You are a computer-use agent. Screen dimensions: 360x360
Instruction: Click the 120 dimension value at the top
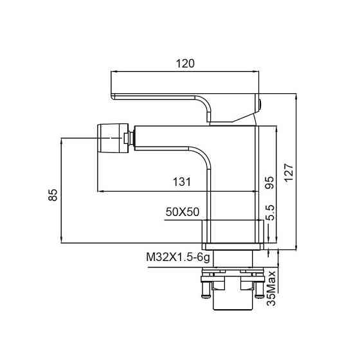coord(185,63)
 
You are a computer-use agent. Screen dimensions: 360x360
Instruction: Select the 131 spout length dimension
coord(182,182)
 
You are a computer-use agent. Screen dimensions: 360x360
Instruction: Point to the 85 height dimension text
coord(54,194)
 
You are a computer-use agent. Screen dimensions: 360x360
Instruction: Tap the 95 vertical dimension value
coord(270,183)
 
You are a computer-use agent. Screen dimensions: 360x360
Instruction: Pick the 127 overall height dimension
coord(290,172)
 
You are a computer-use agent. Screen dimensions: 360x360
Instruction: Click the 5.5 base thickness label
coord(270,213)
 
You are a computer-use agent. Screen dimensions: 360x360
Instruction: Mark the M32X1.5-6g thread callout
coord(178,258)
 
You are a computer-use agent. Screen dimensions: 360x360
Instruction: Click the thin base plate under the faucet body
coord(235,246)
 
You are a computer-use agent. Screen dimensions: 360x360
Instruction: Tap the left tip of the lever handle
coord(114,96)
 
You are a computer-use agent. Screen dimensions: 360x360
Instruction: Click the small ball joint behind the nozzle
coord(128,137)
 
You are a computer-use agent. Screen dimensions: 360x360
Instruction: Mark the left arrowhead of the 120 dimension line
coord(114,73)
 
